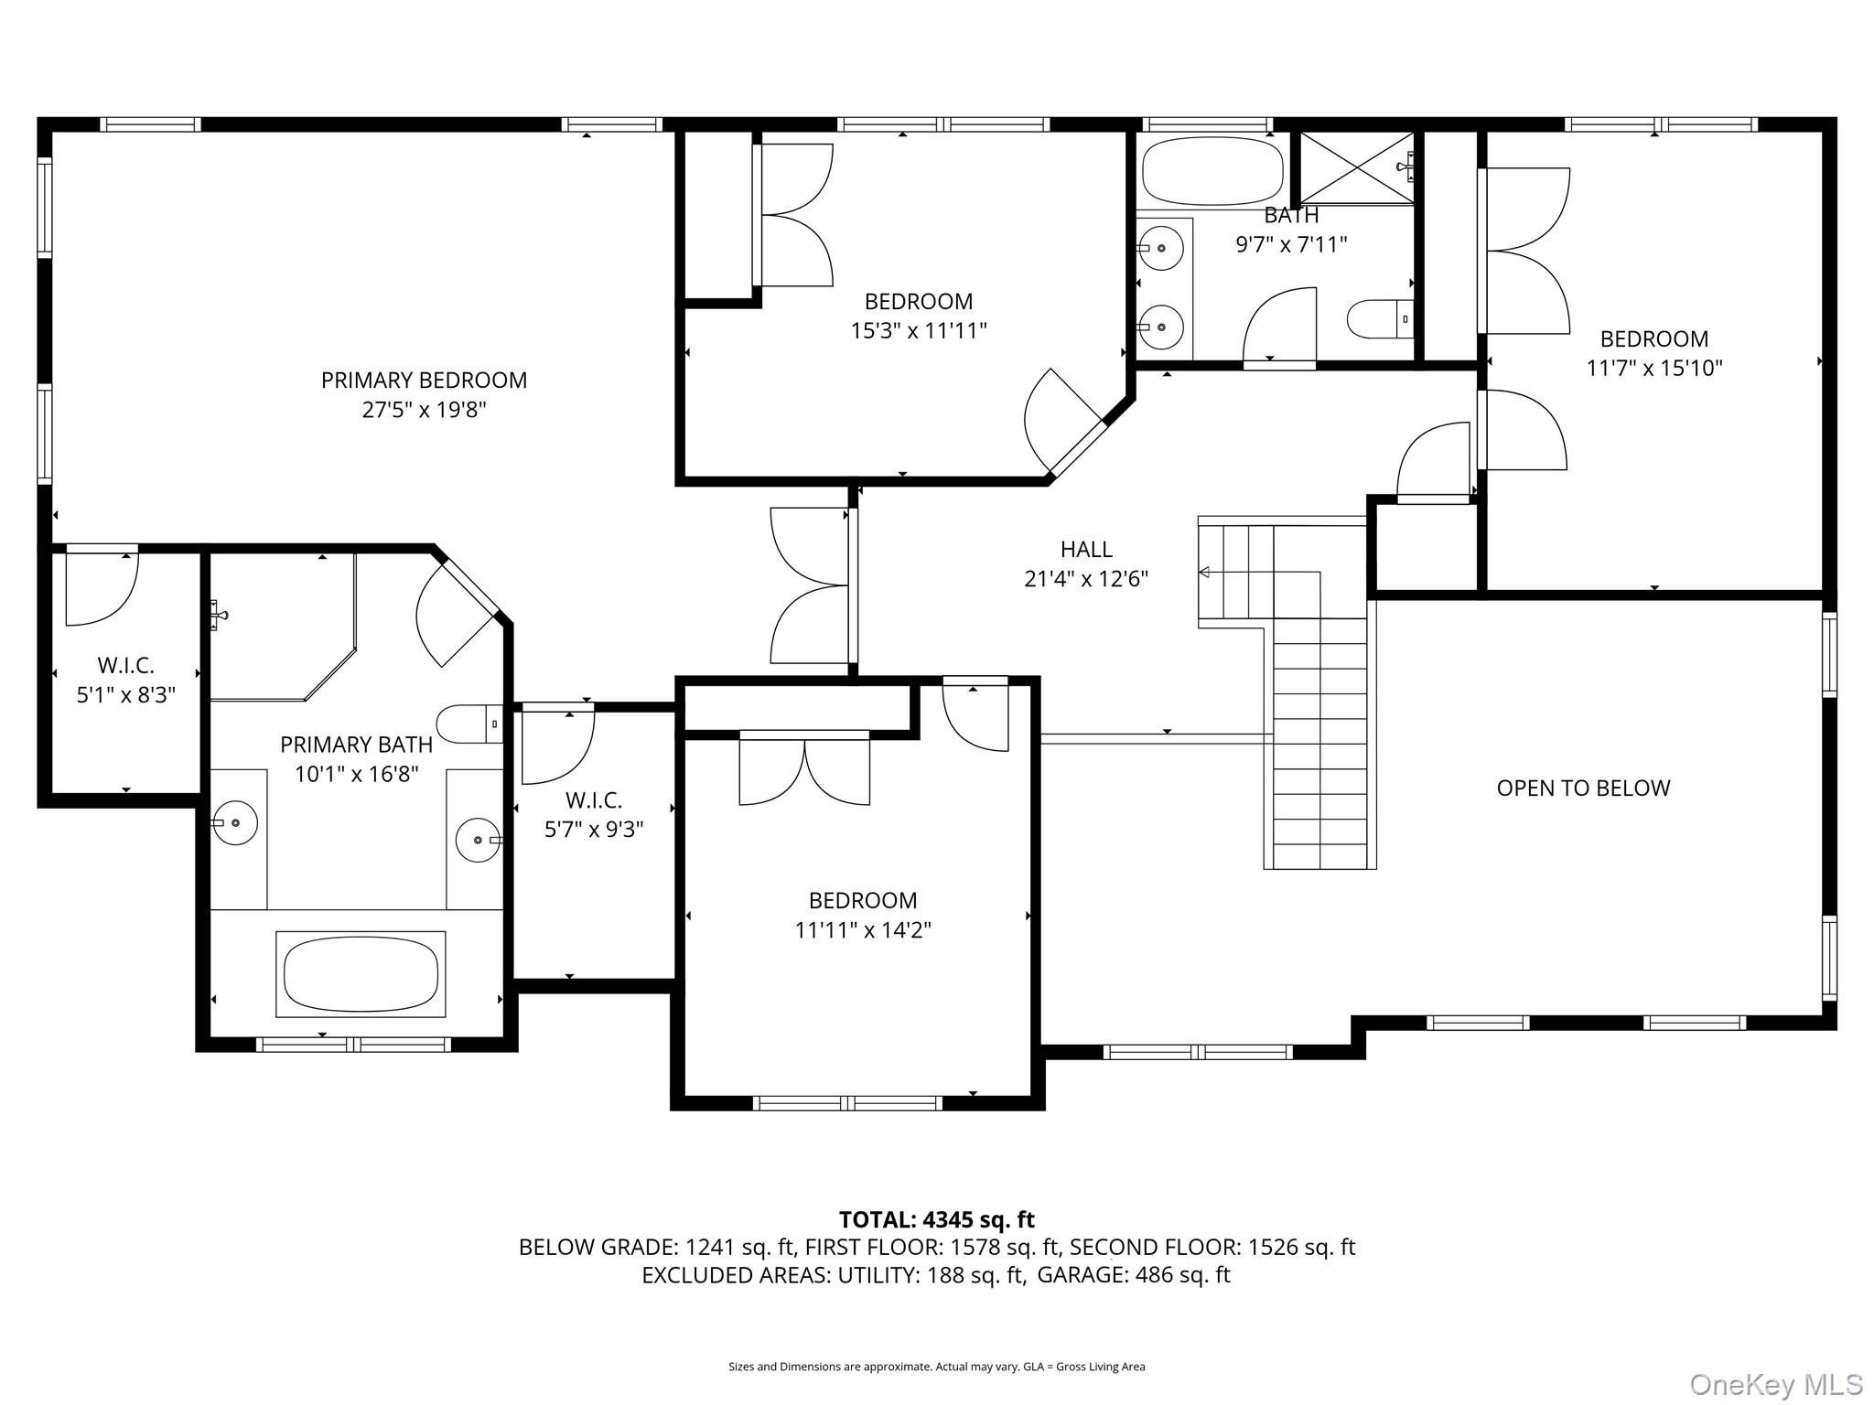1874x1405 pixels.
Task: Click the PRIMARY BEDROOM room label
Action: pos(424,380)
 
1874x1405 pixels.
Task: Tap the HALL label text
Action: pos(1086,549)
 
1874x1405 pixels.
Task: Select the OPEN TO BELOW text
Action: pos(1583,788)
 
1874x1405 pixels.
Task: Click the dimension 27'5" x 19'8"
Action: pos(424,409)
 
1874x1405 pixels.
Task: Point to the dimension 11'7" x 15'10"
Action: pos(1653,368)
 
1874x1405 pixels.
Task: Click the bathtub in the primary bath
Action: pos(361,973)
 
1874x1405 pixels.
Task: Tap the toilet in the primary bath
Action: pos(469,724)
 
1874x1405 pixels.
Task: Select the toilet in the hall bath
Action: pos(1380,318)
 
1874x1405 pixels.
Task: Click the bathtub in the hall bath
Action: pos(1212,170)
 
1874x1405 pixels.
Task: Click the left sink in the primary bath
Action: pos(235,822)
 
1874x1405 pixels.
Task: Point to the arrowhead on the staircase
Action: pos(1204,573)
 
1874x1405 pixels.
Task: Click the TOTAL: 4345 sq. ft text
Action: pos(936,1219)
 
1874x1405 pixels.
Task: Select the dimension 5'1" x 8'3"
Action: pos(125,695)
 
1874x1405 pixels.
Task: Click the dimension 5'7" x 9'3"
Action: pos(594,830)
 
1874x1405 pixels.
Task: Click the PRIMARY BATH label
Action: pos(356,745)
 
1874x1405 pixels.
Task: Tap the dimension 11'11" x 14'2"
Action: pos(863,930)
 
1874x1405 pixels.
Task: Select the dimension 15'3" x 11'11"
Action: pos(919,330)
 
